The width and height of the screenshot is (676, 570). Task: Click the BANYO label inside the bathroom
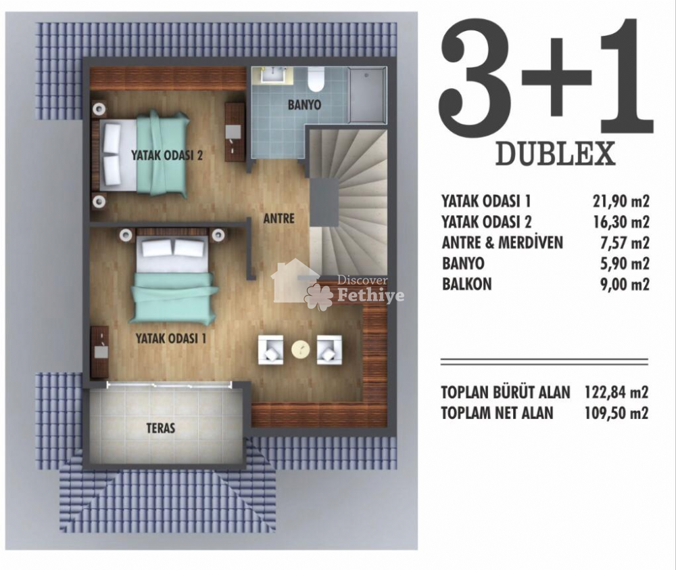pyautogui.click(x=304, y=105)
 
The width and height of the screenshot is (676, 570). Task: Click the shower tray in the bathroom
pyautogui.click(x=367, y=94)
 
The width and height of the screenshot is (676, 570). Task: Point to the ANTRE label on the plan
pyautogui.click(x=279, y=219)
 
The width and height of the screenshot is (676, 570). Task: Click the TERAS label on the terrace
pyautogui.click(x=161, y=428)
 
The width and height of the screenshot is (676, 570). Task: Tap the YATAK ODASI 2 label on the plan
pyautogui.click(x=167, y=156)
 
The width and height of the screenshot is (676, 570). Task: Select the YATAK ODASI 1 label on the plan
pyautogui.click(x=171, y=338)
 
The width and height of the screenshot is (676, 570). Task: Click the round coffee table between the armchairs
pyautogui.click(x=301, y=349)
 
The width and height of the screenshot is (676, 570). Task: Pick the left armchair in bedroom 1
pyautogui.click(x=271, y=349)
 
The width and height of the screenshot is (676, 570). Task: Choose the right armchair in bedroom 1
pyautogui.click(x=329, y=349)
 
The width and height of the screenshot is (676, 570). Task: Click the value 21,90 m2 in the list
pyautogui.click(x=620, y=201)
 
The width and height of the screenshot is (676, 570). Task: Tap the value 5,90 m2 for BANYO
pyautogui.click(x=624, y=263)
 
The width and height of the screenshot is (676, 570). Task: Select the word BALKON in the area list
pyautogui.click(x=467, y=284)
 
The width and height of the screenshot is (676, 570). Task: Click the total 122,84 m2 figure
pyautogui.click(x=617, y=393)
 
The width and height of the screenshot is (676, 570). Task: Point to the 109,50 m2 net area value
pyautogui.click(x=617, y=413)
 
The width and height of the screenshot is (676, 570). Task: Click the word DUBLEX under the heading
pyautogui.click(x=555, y=154)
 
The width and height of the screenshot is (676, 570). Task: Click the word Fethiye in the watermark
pyautogui.click(x=370, y=296)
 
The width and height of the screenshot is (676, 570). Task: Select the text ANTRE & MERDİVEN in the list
pyautogui.click(x=502, y=242)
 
